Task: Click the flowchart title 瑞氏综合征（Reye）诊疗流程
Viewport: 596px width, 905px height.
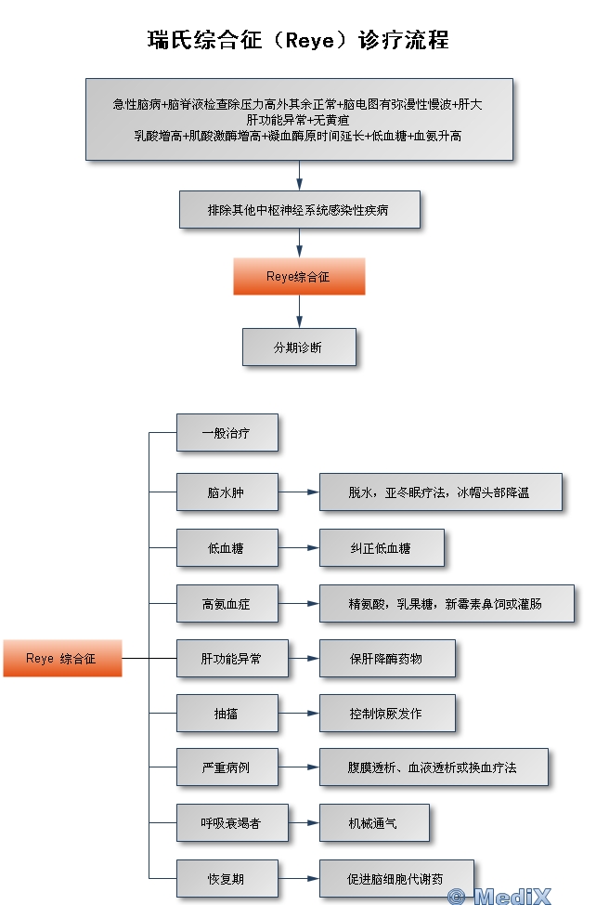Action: point(298,41)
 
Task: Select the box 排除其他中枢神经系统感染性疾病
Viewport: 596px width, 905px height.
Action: point(299,210)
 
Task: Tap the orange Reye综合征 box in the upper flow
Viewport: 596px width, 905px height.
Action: point(299,277)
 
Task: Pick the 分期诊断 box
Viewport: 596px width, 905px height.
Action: point(299,347)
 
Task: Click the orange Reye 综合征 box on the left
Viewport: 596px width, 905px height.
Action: point(61,658)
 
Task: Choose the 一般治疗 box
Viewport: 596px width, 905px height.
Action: point(227,433)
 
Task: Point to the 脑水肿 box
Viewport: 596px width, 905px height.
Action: point(227,492)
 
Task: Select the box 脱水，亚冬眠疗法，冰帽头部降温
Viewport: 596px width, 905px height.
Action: point(440,492)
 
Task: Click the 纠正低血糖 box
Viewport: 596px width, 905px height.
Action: point(381,548)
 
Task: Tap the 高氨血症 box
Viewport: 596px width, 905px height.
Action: point(227,604)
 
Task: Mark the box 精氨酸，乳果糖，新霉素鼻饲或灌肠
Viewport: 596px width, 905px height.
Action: point(446,604)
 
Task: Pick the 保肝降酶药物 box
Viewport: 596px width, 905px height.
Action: point(386,658)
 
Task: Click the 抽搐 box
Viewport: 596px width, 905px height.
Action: point(227,714)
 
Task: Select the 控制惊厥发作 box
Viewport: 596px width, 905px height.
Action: point(386,714)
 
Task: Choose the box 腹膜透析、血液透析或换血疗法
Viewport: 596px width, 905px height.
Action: point(433,767)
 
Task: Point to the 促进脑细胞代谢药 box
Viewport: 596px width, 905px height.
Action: point(395,878)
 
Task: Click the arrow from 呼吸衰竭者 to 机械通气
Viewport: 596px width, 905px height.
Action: point(303,822)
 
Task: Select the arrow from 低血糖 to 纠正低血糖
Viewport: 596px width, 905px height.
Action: point(298,548)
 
